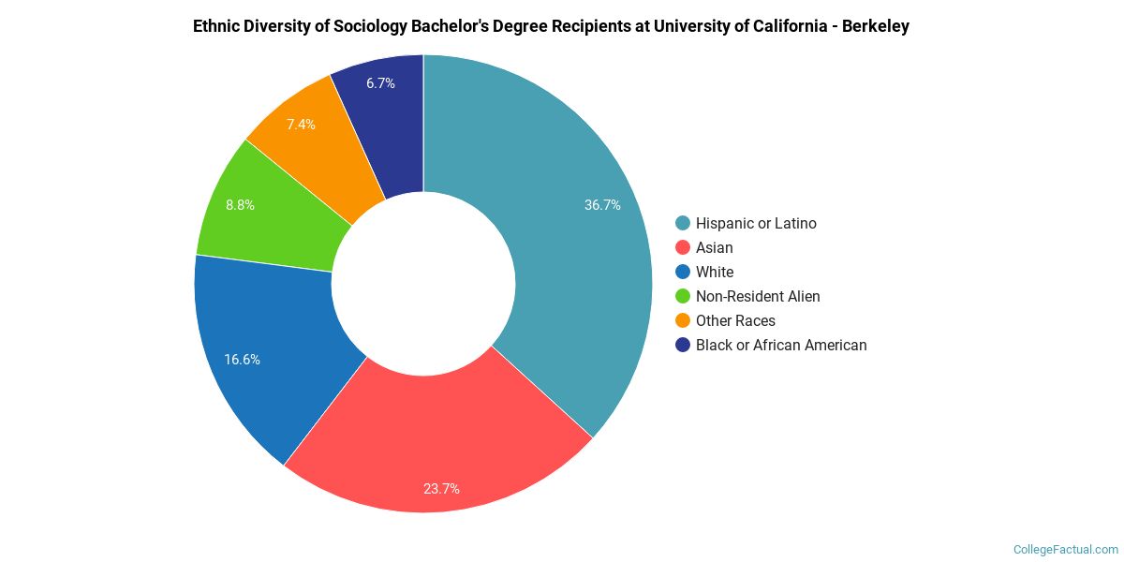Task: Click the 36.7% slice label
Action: [602, 205]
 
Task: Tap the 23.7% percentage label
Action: [441, 488]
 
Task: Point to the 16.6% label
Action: [242, 359]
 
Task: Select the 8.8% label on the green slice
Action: [240, 204]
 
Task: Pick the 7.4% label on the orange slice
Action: [301, 124]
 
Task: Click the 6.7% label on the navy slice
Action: [380, 83]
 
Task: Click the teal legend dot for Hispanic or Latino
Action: [683, 224]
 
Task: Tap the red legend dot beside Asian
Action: [683, 248]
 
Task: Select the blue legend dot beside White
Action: [683, 273]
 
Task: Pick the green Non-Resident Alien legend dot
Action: [683, 297]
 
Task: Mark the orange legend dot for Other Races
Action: [683, 321]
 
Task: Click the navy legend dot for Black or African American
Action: [683, 346]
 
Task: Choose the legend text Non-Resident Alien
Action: [758, 297]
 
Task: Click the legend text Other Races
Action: [735, 321]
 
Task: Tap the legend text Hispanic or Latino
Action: [756, 224]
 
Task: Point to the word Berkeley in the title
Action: [875, 26]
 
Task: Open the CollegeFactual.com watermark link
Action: [1066, 550]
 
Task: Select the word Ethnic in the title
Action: [216, 26]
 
